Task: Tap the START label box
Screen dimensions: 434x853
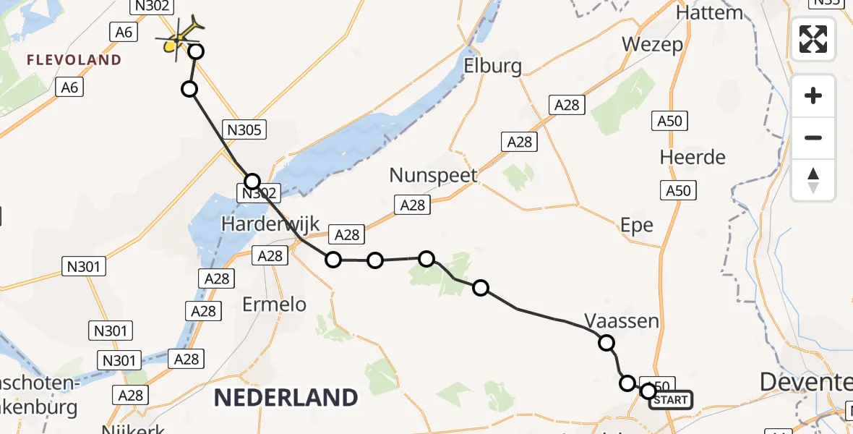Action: (x=670, y=400)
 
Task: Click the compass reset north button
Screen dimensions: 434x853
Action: (x=813, y=180)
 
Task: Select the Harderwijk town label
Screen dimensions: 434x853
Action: (x=270, y=224)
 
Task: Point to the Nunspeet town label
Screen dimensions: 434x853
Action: (x=434, y=175)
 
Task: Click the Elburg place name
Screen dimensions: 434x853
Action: (x=493, y=67)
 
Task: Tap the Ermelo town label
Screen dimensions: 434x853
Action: (x=274, y=305)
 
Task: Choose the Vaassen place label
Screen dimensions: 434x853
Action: (x=622, y=320)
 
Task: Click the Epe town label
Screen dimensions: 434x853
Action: (x=637, y=225)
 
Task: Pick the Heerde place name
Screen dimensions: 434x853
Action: (x=693, y=157)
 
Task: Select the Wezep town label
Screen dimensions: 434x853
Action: (x=653, y=45)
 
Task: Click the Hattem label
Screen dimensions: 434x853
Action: (x=709, y=12)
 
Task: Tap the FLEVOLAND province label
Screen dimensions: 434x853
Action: (x=74, y=60)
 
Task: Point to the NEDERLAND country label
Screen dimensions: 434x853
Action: (x=286, y=397)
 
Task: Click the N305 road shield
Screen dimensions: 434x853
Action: (x=245, y=130)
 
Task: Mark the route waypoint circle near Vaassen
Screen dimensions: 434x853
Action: (x=606, y=343)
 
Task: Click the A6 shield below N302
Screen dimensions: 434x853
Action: (x=123, y=32)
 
